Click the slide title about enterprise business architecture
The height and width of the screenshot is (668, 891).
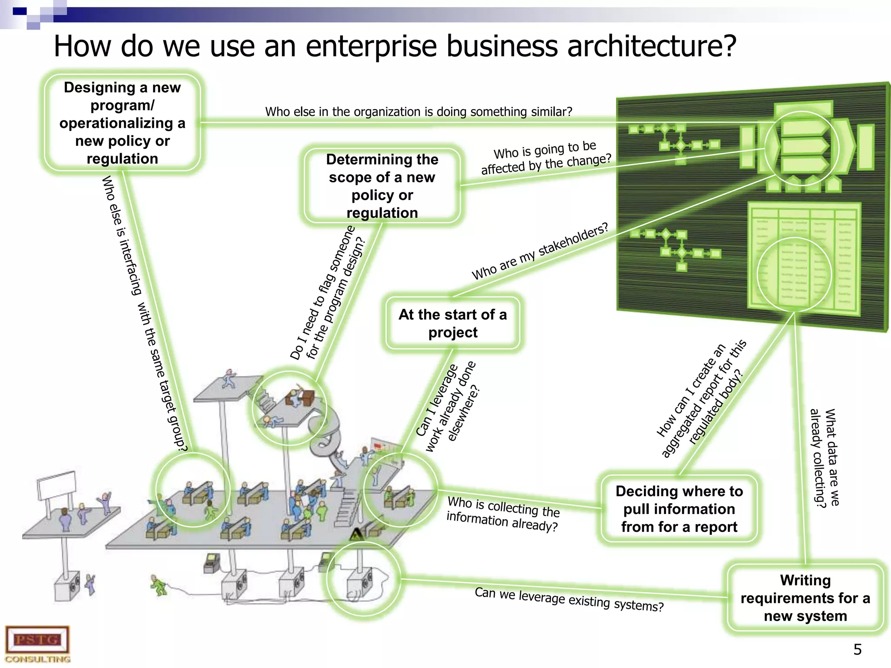pyautogui.click(x=395, y=46)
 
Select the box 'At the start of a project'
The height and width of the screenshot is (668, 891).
pyautogui.click(x=452, y=323)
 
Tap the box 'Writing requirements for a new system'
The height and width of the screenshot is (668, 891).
pyautogui.click(x=805, y=598)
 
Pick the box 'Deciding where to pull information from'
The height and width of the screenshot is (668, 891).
pyautogui.click(x=679, y=509)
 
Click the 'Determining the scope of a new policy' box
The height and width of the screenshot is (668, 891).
pyautogui.click(x=382, y=186)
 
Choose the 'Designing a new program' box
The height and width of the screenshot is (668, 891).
pyautogui.click(x=122, y=123)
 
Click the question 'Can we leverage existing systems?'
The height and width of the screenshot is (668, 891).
pyautogui.click(x=569, y=599)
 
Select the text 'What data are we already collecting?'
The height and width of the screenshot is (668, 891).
pyautogui.click(x=824, y=458)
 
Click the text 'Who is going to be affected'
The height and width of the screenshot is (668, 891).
pyautogui.click(x=546, y=158)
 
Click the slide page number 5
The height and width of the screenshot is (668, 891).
pyautogui.click(x=857, y=650)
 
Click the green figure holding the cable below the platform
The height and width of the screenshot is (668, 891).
pyautogui.click(x=158, y=585)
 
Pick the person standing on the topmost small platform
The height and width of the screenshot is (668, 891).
pyautogui.click(x=228, y=378)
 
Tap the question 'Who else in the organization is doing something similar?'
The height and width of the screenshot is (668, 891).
pyautogui.click(x=419, y=112)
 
